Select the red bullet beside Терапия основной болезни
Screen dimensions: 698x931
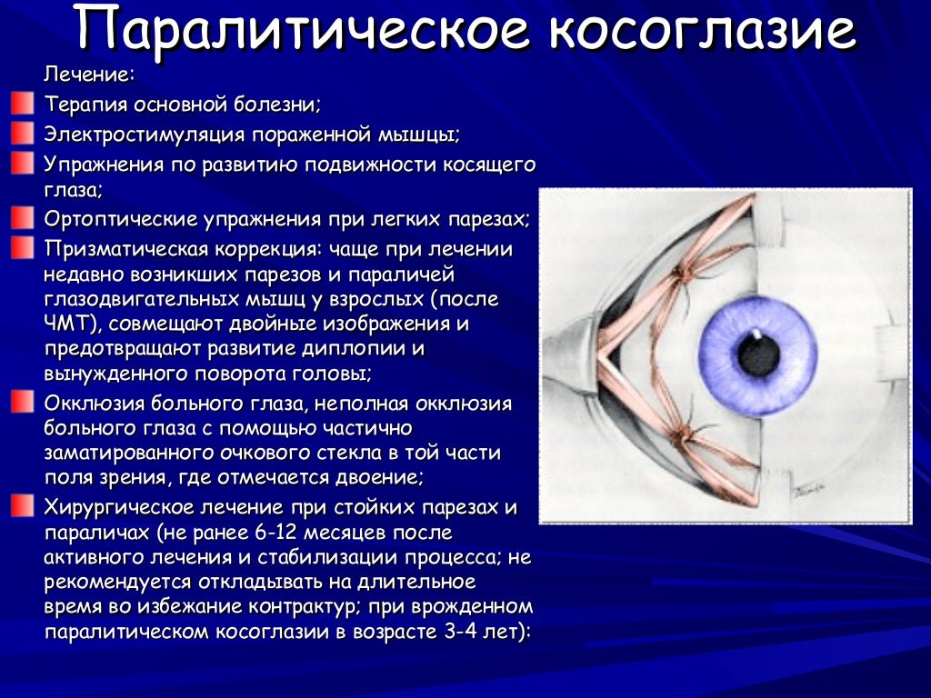pos(22,104)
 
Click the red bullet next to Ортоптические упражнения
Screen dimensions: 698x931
pos(22,219)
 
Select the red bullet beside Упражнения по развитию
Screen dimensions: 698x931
pos(22,164)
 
